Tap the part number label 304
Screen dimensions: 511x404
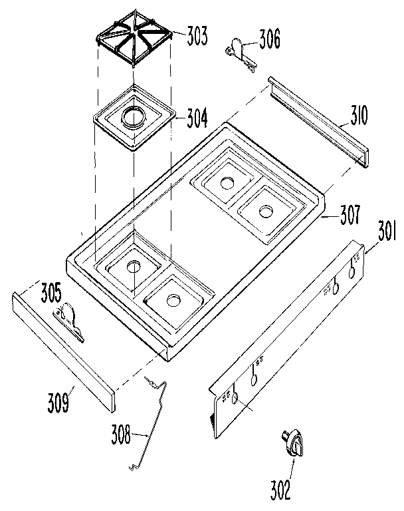[197, 120]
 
